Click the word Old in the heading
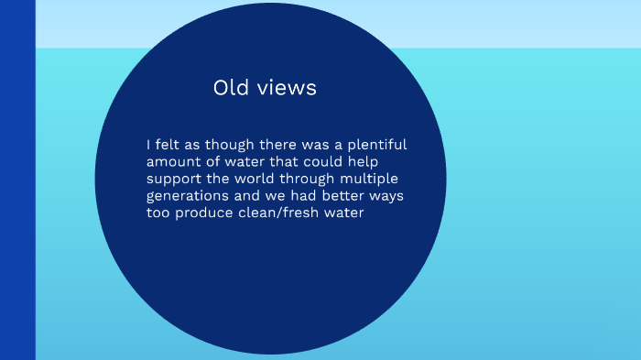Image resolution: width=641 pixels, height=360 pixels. tap(231, 88)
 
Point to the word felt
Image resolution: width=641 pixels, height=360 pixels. tap(167, 145)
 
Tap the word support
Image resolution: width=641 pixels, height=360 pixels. tap(173, 179)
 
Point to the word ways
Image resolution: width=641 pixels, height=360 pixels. tap(386, 196)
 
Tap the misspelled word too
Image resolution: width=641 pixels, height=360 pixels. tap(158, 213)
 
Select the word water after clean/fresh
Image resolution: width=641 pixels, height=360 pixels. tap(344, 213)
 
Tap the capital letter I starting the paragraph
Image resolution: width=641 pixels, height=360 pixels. tap(147, 145)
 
